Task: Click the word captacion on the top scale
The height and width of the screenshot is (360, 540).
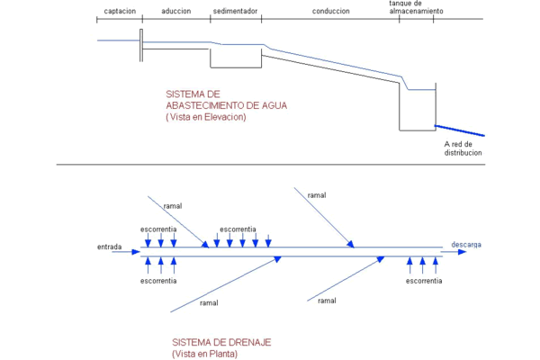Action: click(x=120, y=11)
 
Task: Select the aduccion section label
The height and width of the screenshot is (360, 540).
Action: click(x=176, y=11)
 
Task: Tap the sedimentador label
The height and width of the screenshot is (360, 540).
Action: click(x=235, y=11)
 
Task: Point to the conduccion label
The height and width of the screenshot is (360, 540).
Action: click(x=331, y=11)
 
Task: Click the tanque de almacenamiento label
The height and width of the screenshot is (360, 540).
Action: click(x=417, y=7)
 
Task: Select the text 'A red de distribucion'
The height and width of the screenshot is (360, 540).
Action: click(x=463, y=148)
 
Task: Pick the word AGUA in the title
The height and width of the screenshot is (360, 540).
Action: click(x=274, y=105)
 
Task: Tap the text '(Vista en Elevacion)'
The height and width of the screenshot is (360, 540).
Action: click(x=206, y=117)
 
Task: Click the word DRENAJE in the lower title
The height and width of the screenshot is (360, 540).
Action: click(x=249, y=342)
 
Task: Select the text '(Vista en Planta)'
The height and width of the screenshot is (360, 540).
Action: click(x=204, y=354)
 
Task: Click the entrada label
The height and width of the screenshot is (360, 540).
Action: click(x=110, y=247)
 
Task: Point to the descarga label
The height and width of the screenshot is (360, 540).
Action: click(x=466, y=245)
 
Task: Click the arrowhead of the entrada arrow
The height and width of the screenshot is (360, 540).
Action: click(x=136, y=252)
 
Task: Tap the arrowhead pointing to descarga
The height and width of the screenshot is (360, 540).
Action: click(x=463, y=252)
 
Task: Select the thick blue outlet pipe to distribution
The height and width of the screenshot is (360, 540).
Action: click(x=460, y=130)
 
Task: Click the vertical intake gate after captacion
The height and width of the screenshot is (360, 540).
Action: click(x=141, y=46)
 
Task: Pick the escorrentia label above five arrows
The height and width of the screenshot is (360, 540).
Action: click(x=238, y=229)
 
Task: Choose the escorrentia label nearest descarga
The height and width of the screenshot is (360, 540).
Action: click(x=424, y=281)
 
